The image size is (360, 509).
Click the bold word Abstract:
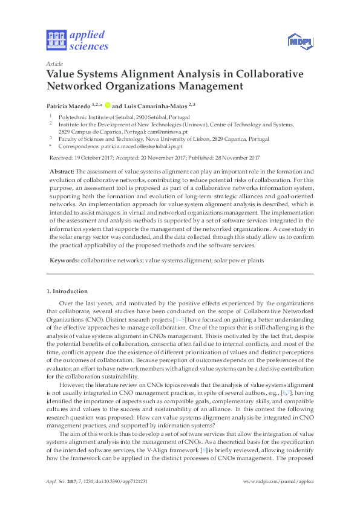[62, 172]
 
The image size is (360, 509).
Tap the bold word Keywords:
[64, 260]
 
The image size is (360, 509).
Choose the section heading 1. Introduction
[67, 291]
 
